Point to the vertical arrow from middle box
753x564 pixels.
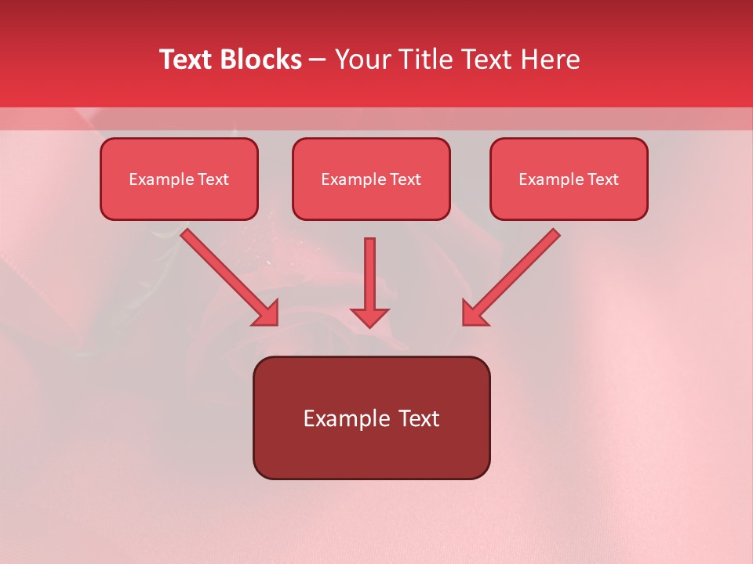point(369,274)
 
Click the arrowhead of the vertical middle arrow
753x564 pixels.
point(369,316)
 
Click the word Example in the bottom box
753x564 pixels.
point(345,419)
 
